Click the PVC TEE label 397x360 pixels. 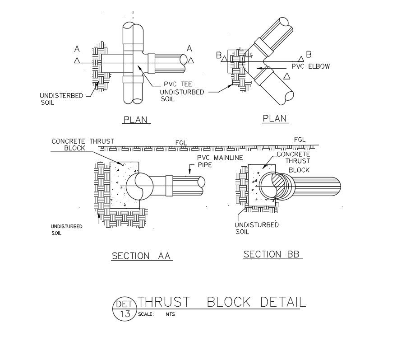[177, 84]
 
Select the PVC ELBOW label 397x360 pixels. [311, 66]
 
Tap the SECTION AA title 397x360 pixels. [142, 256]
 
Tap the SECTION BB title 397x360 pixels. [272, 254]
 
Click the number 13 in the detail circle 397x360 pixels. [124, 314]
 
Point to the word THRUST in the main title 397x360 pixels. [164, 302]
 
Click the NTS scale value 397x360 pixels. [170, 314]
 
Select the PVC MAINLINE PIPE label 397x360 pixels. [220, 161]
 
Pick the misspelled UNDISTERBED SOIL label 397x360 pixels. [61, 99]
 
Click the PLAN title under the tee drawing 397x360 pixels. [136, 120]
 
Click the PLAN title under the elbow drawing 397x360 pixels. [275, 118]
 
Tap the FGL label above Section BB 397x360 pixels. [300, 140]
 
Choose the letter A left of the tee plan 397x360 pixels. [77, 49]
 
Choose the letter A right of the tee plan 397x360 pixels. [189, 48]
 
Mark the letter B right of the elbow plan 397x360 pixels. [309, 55]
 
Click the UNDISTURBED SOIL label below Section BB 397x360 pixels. [257, 228]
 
